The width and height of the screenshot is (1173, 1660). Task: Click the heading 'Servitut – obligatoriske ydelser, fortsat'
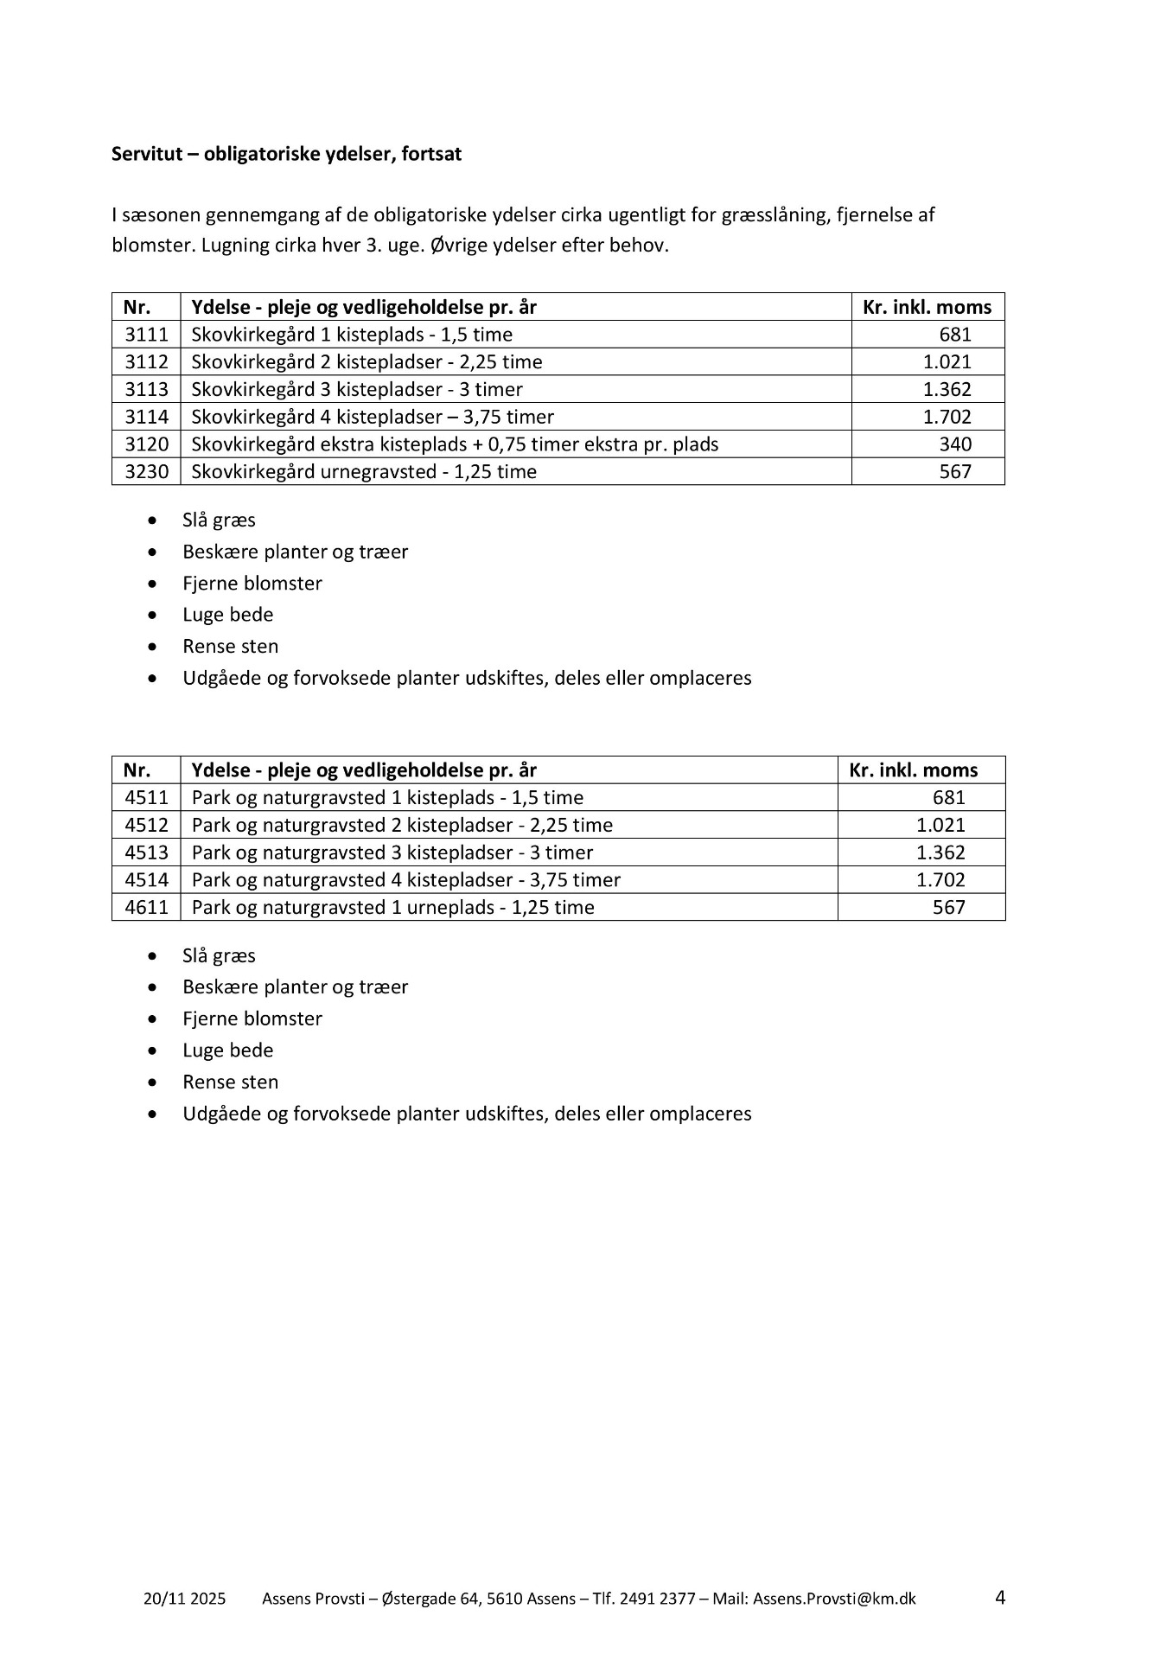coord(286,154)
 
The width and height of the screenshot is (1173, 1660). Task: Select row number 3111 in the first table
coord(146,335)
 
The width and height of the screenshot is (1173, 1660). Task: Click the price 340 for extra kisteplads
coord(955,444)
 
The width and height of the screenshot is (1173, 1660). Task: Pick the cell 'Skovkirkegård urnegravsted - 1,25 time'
coord(364,472)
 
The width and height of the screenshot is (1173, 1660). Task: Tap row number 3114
coord(146,417)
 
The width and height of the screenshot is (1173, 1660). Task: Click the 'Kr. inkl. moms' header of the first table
coord(927,307)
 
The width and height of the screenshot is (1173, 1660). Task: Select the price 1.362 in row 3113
coord(947,389)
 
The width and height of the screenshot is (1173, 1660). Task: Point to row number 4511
coord(146,797)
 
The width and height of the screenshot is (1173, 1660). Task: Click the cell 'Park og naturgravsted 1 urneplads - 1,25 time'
coord(393,908)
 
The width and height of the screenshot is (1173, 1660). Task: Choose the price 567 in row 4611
coord(948,908)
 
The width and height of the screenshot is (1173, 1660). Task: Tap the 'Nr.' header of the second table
coord(137,770)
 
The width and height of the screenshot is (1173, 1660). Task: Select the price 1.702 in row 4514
coord(940,880)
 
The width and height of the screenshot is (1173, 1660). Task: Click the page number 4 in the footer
coord(1000,1597)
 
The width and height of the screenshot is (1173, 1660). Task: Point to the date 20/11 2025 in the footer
coord(184,1599)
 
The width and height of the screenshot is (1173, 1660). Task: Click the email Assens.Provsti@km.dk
coord(834,1599)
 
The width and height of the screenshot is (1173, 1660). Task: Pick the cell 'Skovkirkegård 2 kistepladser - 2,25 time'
coord(367,362)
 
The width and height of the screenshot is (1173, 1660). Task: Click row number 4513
coord(146,852)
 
